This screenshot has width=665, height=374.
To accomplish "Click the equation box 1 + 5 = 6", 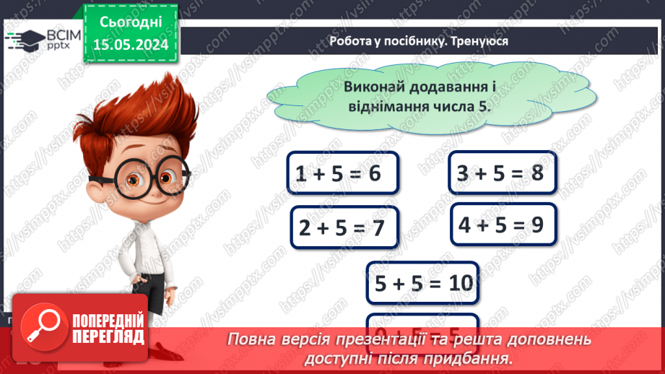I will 342,173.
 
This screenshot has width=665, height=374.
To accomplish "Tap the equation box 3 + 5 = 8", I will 503,173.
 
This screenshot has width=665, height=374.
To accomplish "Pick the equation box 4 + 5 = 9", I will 503,225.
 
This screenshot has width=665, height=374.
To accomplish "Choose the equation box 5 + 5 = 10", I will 422,284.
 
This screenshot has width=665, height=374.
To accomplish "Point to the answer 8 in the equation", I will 536,173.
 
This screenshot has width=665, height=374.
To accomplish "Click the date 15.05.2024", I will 131,45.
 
